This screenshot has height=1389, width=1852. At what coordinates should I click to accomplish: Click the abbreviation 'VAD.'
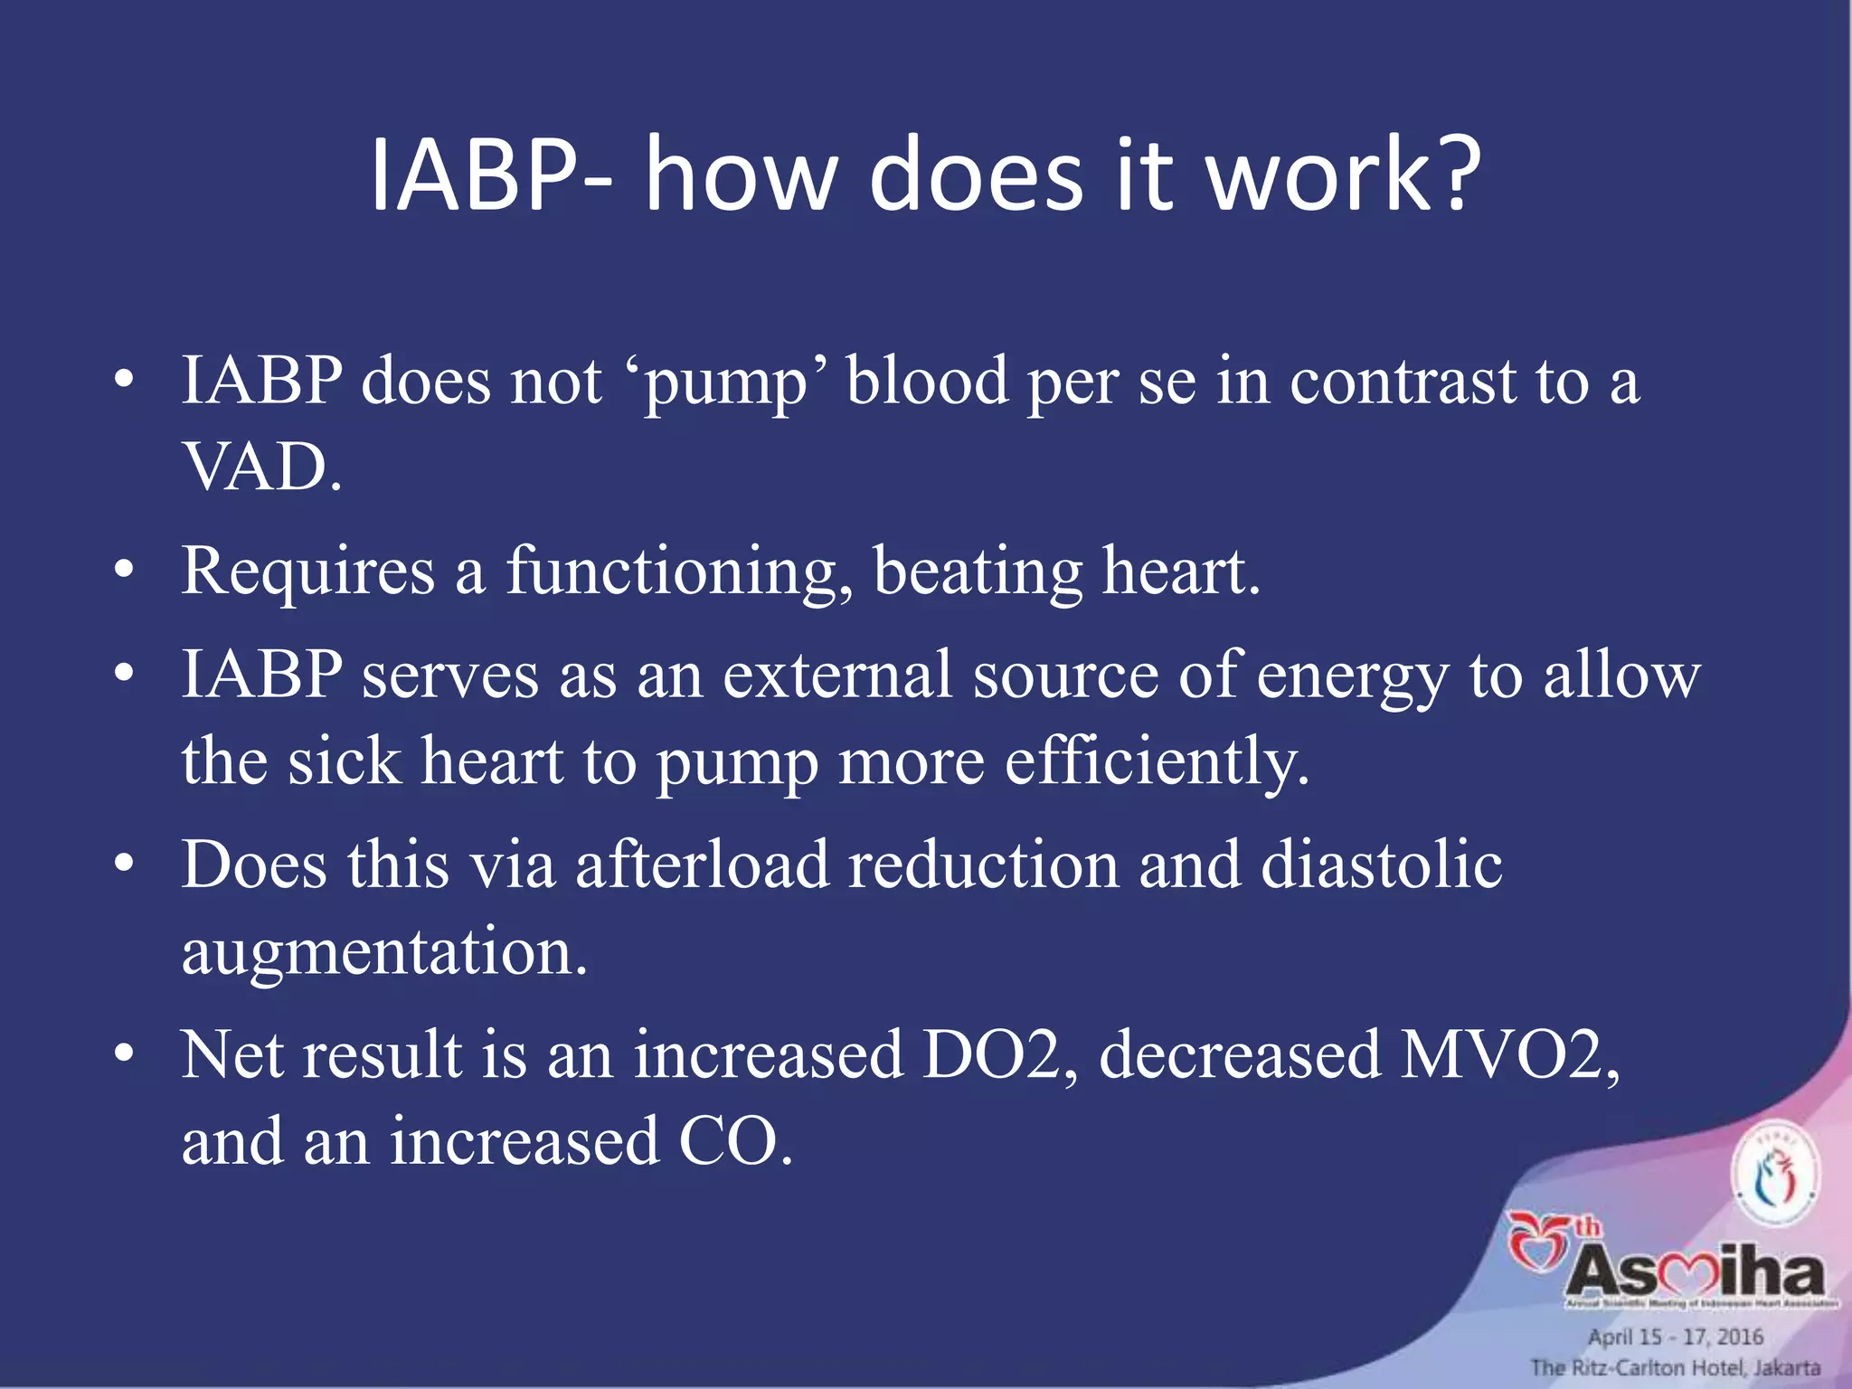click(x=263, y=468)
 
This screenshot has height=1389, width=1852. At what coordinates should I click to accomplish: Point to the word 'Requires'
click(x=308, y=572)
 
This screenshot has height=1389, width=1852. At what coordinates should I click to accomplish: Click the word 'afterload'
click(x=702, y=865)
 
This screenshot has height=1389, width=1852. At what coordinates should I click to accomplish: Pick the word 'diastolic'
click(x=1381, y=865)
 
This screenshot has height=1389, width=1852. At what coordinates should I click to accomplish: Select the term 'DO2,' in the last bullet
click(x=1000, y=1054)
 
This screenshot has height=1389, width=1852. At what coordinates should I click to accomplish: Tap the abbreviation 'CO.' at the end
click(x=735, y=1141)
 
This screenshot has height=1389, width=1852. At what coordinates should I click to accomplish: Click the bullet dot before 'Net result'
click(x=125, y=1054)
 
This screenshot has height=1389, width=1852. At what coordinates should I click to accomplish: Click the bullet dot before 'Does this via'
click(x=125, y=865)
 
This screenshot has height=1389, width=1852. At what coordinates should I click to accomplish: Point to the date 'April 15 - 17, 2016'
click(x=1675, y=1337)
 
